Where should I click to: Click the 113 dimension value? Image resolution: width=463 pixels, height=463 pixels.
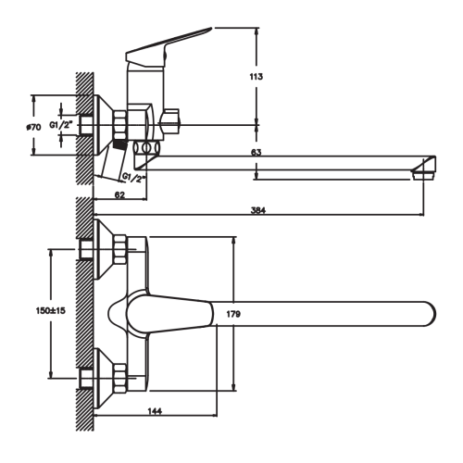click(x=257, y=76)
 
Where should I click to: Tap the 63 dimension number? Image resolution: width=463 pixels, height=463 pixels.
click(x=257, y=152)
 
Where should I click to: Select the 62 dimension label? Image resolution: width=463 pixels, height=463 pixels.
click(x=119, y=194)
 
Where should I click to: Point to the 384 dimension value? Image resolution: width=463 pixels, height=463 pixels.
click(x=258, y=210)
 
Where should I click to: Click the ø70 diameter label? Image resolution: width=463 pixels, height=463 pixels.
click(x=33, y=127)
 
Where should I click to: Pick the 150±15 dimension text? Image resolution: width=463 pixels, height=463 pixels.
click(x=51, y=310)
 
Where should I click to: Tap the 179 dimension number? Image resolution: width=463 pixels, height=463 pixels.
click(x=233, y=314)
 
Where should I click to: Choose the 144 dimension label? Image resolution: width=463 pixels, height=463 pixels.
click(x=155, y=411)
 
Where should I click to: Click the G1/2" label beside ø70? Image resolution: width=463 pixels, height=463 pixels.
click(x=61, y=125)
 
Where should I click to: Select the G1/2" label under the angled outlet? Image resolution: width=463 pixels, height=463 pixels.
click(x=133, y=178)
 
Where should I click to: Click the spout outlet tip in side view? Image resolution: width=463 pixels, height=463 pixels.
click(x=424, y=175)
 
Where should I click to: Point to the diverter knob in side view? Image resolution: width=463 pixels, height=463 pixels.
click(x=169, y=121)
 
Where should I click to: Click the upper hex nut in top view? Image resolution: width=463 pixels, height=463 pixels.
click(x=120, y=249)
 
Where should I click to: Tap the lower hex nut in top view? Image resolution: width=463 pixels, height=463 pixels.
click(x=120, y=378)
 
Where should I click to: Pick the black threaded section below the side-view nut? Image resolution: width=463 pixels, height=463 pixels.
click(x=120, y=144)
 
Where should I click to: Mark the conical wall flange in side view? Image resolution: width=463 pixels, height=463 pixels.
click(x=104, y=125)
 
